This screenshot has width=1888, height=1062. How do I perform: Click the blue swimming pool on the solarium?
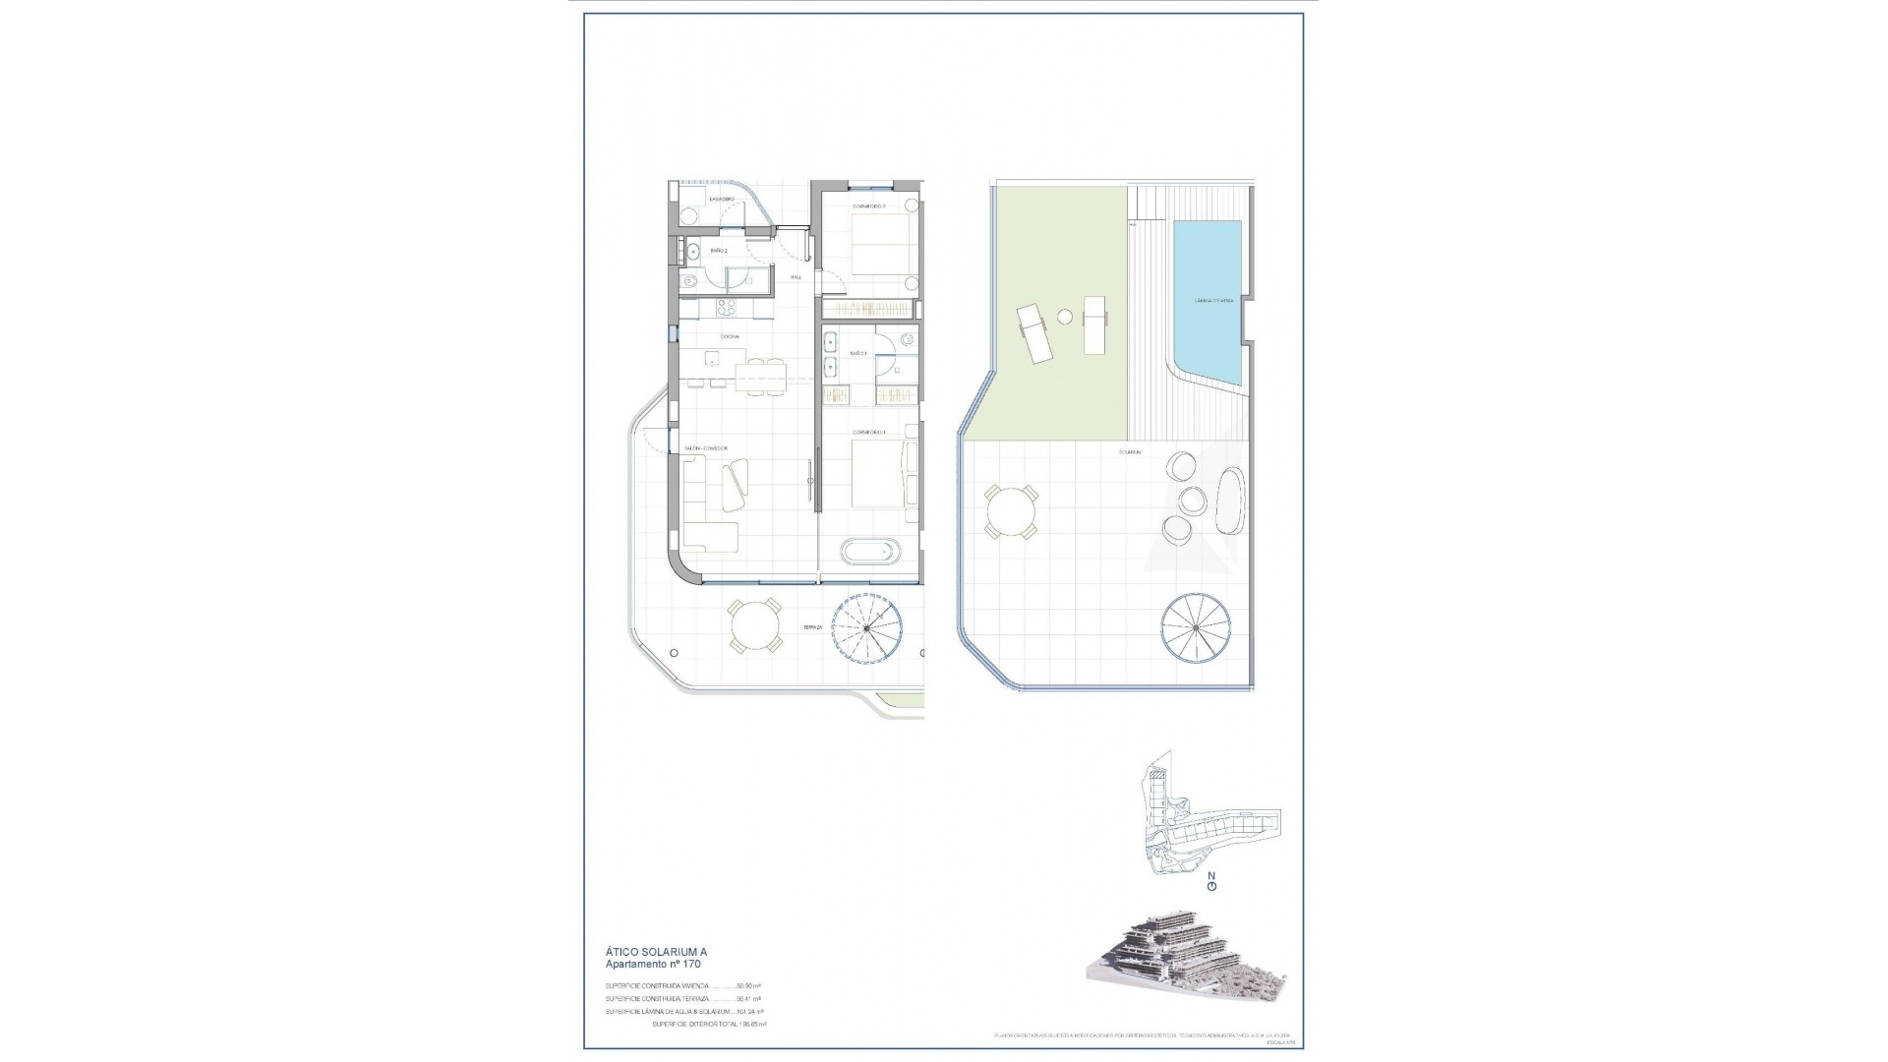click(x=1207, y=300)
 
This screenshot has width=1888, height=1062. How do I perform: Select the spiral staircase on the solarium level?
click(x=1197, y=625)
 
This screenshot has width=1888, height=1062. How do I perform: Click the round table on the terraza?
click(x=755, y=626)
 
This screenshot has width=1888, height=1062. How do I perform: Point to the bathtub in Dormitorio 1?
click(x=869, y=551)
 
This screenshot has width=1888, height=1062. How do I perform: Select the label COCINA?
click(x=729, y=336)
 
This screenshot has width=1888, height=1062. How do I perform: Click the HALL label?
click(x=796, y=277)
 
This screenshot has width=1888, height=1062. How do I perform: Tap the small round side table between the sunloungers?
click(x=1065, y=317)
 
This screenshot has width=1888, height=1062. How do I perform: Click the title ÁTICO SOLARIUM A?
click(x=656, y=952)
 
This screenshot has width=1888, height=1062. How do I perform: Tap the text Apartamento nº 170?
click(x=653, y=965)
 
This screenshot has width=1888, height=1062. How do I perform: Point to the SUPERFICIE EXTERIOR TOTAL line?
click(x=708, y=1025)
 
